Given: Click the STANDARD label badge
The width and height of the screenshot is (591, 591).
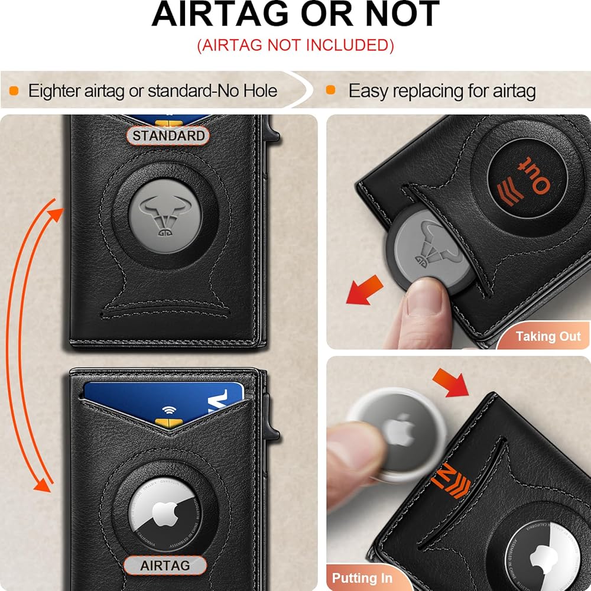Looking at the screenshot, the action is click(168, 136).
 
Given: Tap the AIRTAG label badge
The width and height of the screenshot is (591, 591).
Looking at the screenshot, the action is click(165, 566).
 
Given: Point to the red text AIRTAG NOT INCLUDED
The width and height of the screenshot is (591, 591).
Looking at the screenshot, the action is click(295, 46).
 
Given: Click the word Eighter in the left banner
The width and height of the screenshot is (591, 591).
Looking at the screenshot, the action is click(54, 91).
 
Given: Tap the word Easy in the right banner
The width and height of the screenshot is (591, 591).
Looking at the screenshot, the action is click(367, 91).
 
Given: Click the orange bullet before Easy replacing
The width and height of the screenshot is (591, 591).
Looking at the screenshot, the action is click(330, 90).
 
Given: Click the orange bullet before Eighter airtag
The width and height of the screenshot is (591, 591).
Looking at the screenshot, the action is click(14, 91).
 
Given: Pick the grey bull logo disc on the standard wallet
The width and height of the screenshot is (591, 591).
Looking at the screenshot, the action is click(165, 216).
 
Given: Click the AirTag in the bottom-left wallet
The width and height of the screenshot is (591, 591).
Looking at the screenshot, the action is click(165, 514).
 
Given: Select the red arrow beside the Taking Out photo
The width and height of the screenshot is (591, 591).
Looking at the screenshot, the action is click(364, 290).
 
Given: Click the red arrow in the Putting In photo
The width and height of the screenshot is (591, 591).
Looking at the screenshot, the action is click(451, 382).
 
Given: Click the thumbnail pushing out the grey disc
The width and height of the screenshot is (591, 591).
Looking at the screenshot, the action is click(424, 297).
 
